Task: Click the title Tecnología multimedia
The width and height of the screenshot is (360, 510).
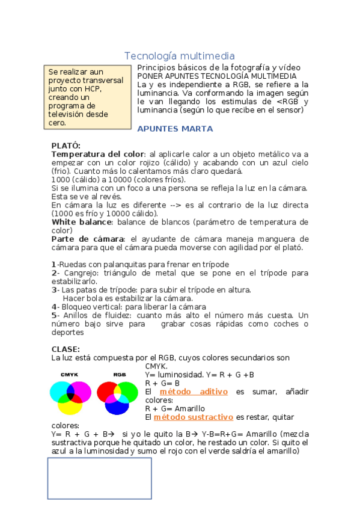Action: click(x=179, y=56)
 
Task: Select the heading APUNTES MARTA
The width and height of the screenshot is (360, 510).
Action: click(x=175, y=129)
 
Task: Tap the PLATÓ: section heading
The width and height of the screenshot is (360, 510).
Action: click(x=66, y=146)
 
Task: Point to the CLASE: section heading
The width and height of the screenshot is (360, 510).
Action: click(x=66, y=349)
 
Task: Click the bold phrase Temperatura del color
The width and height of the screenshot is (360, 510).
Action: click(x=97, y=154)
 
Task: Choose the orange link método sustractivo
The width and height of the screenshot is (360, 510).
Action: click(x=193, y=417)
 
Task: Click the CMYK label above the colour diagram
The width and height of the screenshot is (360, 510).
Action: click(x=69, y=375)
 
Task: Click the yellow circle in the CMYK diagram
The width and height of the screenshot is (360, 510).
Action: click(x=70, y=405)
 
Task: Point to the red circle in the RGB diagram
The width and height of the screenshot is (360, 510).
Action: click(x=108, y=392)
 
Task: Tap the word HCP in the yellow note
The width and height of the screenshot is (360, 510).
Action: click(x=93, y=88)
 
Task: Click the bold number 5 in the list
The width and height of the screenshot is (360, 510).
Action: click(x=54, y=315)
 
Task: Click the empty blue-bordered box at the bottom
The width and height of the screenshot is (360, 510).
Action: click(x=99, y=479)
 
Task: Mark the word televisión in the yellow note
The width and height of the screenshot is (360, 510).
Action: click(x=68, y=114)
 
